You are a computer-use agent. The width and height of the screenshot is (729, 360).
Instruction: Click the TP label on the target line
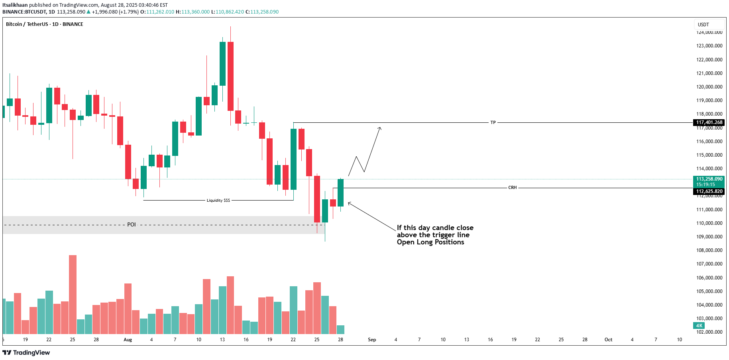click(493, 122)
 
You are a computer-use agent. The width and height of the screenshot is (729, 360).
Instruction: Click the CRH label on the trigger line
click(512, 187)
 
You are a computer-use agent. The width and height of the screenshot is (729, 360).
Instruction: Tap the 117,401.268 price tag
click(709, 122)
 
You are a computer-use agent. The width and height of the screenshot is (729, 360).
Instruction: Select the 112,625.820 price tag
click(709, 191)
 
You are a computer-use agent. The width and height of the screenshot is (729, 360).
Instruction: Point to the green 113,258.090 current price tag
click(709, 179)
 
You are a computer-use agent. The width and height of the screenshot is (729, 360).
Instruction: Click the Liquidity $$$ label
click(218, 200)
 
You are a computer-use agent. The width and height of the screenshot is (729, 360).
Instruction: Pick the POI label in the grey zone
click(132, 224)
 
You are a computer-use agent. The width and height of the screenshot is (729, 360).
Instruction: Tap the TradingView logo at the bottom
click(26, 352)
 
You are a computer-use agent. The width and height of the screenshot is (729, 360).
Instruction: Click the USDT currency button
click(703, 25)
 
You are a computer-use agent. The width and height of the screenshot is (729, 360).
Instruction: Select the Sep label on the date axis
click(372, 340)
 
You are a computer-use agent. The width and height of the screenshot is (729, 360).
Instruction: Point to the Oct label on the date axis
click(608, 340)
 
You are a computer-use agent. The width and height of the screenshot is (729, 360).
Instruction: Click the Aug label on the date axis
click(128, 340)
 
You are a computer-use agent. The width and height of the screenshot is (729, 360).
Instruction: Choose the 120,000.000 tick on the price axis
click(709, 87)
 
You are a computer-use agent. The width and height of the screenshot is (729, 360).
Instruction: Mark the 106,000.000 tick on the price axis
click(709, 277)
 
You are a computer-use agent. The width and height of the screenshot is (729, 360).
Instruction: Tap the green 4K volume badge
click(699, 326)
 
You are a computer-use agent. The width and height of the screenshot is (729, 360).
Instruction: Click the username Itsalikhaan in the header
click(15, 5)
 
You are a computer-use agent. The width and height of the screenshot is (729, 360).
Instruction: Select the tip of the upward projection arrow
click(380, 128)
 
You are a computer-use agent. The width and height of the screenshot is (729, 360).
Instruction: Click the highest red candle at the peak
click(230, 76)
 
